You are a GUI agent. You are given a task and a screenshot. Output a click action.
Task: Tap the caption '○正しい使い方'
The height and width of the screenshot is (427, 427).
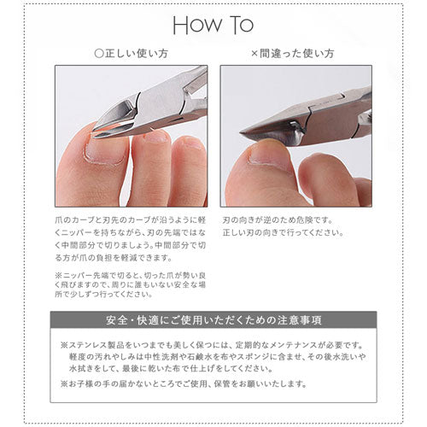130,52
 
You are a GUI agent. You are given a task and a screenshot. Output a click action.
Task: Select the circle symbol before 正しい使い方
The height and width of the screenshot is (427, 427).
98,52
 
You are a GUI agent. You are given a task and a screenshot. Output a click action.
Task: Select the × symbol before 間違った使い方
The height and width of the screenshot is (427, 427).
254,52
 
